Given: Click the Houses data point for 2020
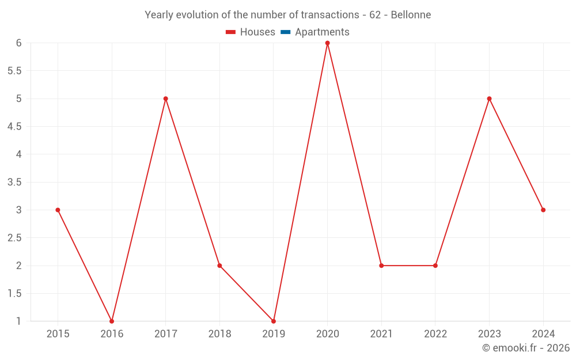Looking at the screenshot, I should pyautogui.click(x=327, y=43).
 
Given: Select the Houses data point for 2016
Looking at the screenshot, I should pyautogui.click(x=112, y=321).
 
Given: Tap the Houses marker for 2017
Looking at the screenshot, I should pyautogui.click(x=165, y=98).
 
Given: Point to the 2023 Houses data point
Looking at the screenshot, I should pyautogui.click(x=489, y=98).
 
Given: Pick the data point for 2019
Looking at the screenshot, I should pyautogui.click(x=274, y=321).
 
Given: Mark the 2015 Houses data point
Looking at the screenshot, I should pyautogui.click(x=58, y=210).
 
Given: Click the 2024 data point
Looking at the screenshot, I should pyautogui.click(x=543, y=210).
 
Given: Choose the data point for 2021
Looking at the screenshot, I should pyautogui.click(x=381, y=266).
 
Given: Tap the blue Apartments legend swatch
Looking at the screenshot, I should pyautogui.click(x=285, y=32).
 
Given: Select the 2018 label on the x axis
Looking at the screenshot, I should pyautogui.click(x=219, y=334).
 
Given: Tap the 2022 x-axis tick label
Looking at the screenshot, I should pyautogui.click(x=435, y=334).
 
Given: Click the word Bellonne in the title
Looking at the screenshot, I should pyautogui.click(x=411, y=15).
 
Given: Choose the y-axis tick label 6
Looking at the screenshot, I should pyautogui.click(x=19, y=43).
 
